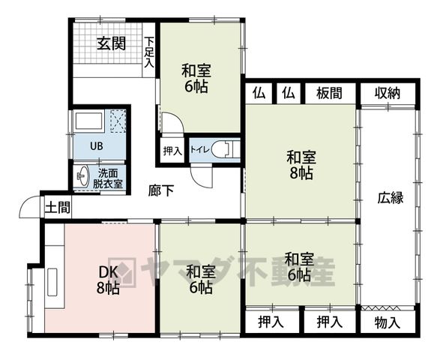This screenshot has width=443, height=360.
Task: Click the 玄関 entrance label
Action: click(111, 43)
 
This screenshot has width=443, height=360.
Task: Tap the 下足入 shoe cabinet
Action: click(148, 49)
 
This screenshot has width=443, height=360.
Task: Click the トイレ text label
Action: click(199, 149)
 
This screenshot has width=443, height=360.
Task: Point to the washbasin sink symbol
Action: click(82, 176)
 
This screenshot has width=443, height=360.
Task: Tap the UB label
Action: click(97, 146)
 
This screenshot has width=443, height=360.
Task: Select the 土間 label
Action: click(58, 208)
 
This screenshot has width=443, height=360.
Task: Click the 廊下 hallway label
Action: click(161, 190)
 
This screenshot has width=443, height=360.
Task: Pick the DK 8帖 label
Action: click(108, 280)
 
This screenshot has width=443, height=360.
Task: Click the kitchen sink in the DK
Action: click(52, 282)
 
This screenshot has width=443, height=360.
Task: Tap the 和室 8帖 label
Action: click(301, 165)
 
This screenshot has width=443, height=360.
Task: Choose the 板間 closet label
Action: click(329, 93)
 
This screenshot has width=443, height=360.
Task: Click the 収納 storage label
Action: click(388, 93)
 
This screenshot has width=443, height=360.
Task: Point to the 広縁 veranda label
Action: click(391, 198)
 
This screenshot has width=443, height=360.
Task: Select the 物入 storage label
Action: click(388, 322)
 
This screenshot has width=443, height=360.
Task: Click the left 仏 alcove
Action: click(259, 93)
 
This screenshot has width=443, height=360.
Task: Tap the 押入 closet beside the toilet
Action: click(172, 151)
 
